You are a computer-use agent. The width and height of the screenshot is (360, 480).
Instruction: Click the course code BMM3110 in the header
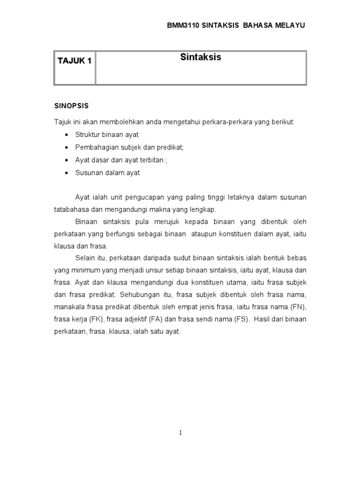click(x=183, y=25)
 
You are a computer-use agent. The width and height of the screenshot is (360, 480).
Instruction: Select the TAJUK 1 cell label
click(x=74, y=61)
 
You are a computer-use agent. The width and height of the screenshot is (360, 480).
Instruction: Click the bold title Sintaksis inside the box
click(x=201, y=58)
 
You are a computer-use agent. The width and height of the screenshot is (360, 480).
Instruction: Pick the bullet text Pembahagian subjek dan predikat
click(x=130, y=147)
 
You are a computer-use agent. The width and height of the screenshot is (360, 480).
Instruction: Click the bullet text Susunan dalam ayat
click(x=107, y=172)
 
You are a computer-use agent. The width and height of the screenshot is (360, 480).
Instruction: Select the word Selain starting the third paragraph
click(x=85, y=258)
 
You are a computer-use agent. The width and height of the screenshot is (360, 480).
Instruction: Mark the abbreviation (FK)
click(x=97, y=319)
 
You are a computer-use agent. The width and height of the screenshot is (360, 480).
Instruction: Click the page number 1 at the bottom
click(x=180, y=433)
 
